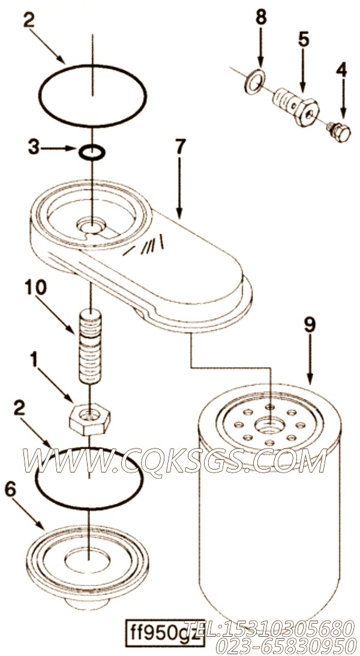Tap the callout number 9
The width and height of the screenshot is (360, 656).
[309, 326]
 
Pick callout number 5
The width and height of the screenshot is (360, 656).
[304, 40]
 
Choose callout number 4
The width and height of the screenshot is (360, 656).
[341, 70]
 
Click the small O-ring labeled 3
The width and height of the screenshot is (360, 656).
[92, 153]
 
